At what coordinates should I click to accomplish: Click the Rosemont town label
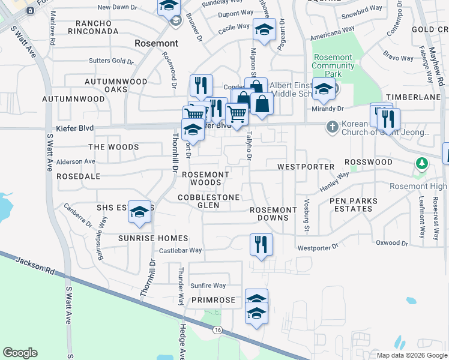pyautogui.click(x=157, y=43)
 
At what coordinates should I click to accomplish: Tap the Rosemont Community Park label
pyautogui.click(x=333, y=65)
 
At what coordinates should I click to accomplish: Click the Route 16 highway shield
pyautogui.click(x=217, y=330)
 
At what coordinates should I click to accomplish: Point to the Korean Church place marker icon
pyautogui.click(x=332, y=127)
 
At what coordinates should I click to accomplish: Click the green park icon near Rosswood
pyautogui.click(x=422, y=163)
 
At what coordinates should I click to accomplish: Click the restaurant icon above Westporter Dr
pyautogui.click(x=261, y=244)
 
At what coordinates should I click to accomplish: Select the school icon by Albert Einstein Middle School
pyautogui.click(x=324, y=89)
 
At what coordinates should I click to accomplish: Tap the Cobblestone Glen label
pyautogui.click(x=209, y=201)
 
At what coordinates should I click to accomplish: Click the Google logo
pyautogui.click(x=20, y=353)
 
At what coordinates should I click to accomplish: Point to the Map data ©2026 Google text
pyautogui.click(x=411, y=355)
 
